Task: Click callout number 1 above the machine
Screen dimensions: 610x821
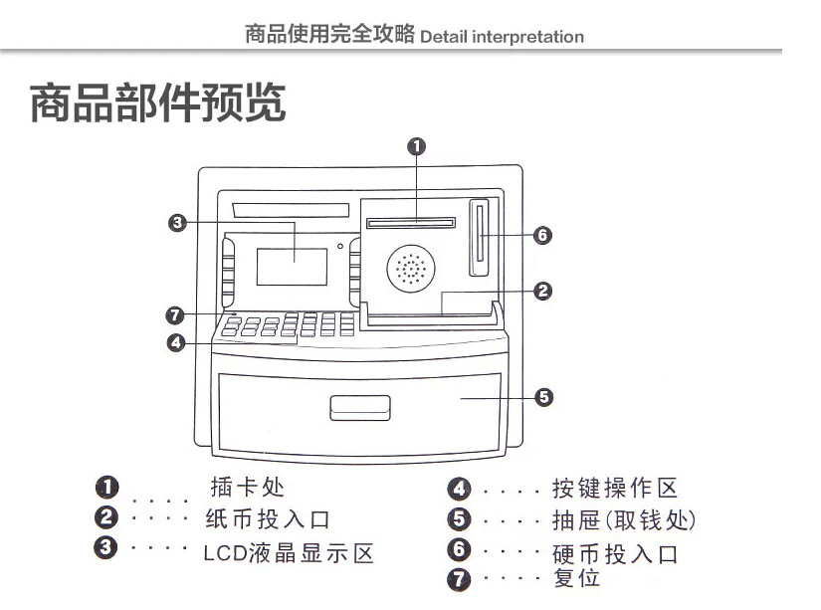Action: [417, 146]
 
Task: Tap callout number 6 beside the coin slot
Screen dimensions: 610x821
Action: [542, 236]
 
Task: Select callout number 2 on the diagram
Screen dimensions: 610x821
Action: [542, 292]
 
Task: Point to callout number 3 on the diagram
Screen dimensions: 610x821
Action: [177, 223]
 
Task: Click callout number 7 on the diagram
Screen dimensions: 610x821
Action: [175, 315]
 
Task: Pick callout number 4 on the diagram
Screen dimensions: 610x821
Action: [175, 343]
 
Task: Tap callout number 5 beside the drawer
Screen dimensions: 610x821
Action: [543, 398]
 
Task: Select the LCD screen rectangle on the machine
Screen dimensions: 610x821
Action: [292, 267]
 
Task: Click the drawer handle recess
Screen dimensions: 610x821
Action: [360, 407]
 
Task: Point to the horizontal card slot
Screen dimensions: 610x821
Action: [410, 223]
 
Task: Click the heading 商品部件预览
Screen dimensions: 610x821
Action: [158, 104]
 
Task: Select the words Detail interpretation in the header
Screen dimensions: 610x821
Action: [502, 37]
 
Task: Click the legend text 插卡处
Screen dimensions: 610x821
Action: [248, 488]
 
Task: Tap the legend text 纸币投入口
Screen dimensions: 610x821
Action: [267, 519]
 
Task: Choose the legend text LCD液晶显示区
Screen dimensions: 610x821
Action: [289, 553]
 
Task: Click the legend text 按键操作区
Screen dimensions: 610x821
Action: [614, 488]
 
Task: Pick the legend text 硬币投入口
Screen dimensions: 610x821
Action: [614, 554]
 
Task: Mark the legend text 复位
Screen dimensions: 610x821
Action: [576, 578]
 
